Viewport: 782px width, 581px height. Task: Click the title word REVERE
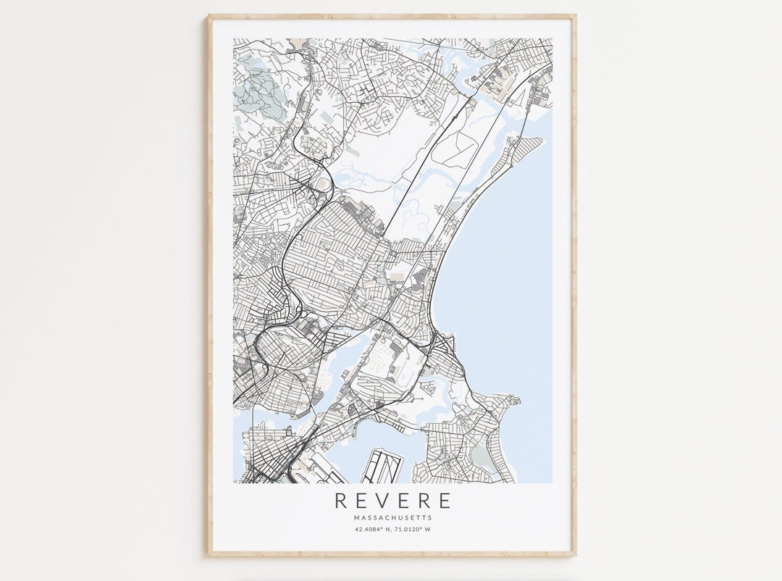(x=392, y=501)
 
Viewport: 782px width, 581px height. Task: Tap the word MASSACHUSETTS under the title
(x=392, y=518)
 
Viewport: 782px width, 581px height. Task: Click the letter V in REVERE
(x=381, y=501)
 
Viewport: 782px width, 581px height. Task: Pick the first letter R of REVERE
(x=340, y=501)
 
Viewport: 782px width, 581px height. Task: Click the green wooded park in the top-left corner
(x=253, y=91)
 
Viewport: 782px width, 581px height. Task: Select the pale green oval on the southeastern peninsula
(x=480, y=456)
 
